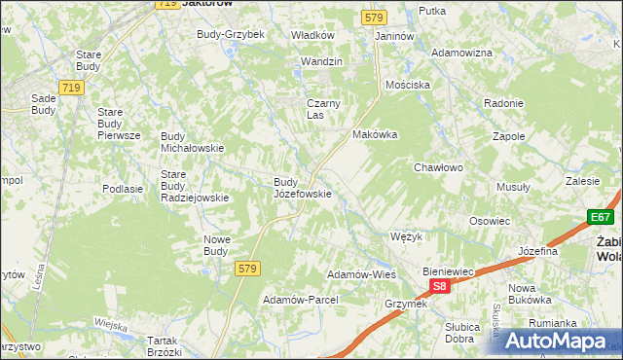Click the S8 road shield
[440, 286]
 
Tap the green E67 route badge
[600, 218]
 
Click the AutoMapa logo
[558, 341]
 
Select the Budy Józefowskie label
[303, 188]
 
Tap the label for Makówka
[376, 135]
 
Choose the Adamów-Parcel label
[300, 300]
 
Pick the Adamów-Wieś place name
[360, 274]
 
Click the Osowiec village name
[490, 221]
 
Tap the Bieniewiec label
[448, 270]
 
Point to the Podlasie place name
[123, 189]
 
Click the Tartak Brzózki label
[167, 346]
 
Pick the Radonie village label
[504, 103]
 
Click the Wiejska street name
[112, 323]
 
